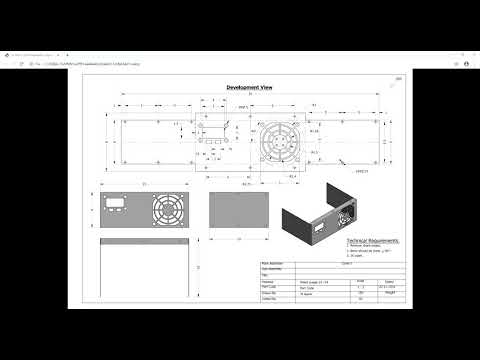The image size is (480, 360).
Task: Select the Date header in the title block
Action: pyautogui.click(x=387, y=281)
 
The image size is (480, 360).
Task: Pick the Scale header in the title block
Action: pyautogui.click(x=361, y=281)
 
